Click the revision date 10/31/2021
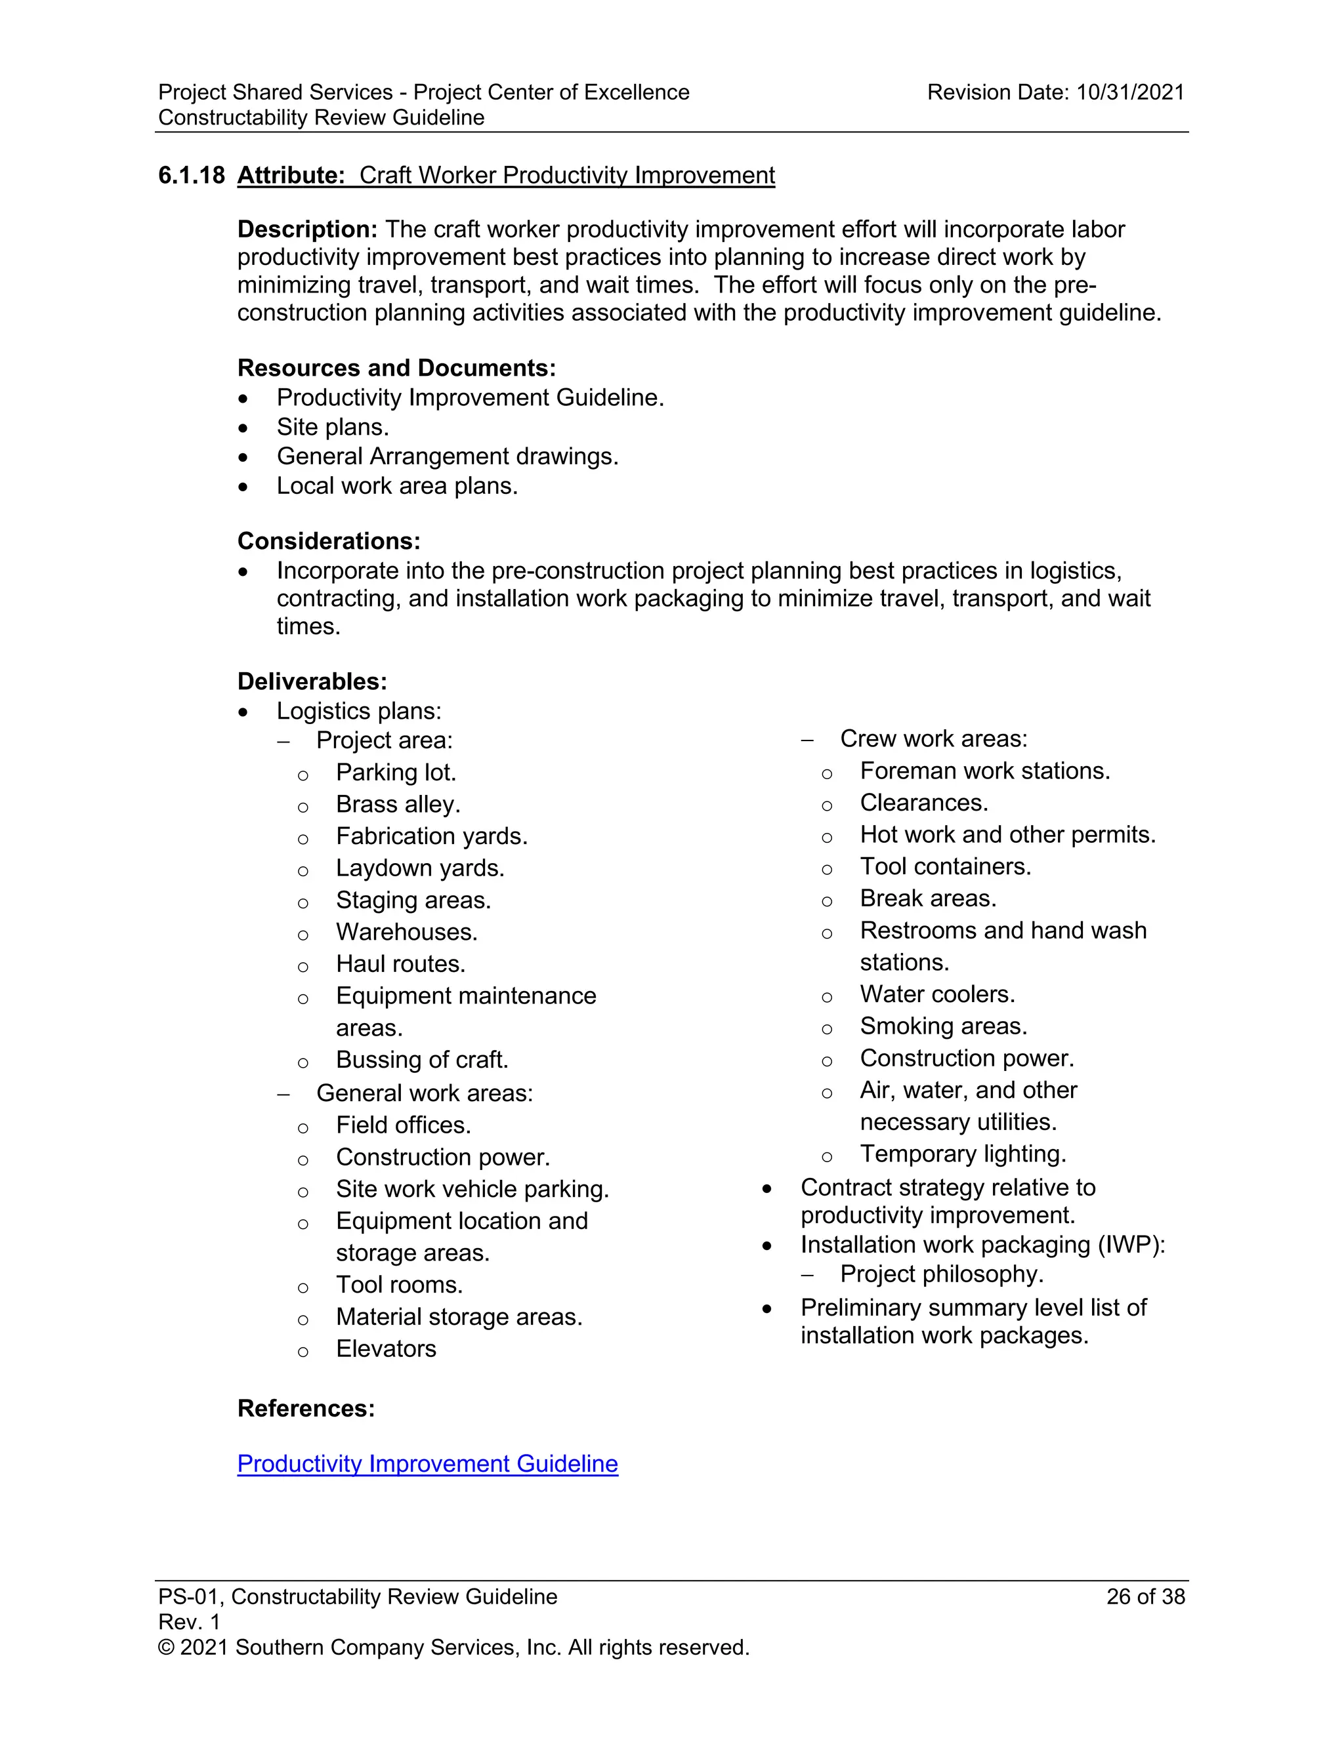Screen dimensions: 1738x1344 1130,92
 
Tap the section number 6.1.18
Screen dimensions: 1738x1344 191,175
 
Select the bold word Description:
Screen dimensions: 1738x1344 306,229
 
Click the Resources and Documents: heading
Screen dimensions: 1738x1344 396,368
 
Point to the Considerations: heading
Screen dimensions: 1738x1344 329,541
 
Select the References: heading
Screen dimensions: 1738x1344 306,1409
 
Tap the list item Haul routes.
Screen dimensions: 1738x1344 400,963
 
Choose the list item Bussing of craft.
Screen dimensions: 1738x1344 422,1060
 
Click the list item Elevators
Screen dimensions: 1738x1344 386,1349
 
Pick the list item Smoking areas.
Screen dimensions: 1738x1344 944,1026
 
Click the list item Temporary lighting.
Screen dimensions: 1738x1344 963,1154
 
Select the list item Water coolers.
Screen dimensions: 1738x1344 937,995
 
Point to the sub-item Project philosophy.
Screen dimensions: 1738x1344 941,1274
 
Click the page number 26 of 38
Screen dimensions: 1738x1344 1145,1597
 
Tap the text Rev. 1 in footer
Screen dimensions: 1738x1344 189,1622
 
